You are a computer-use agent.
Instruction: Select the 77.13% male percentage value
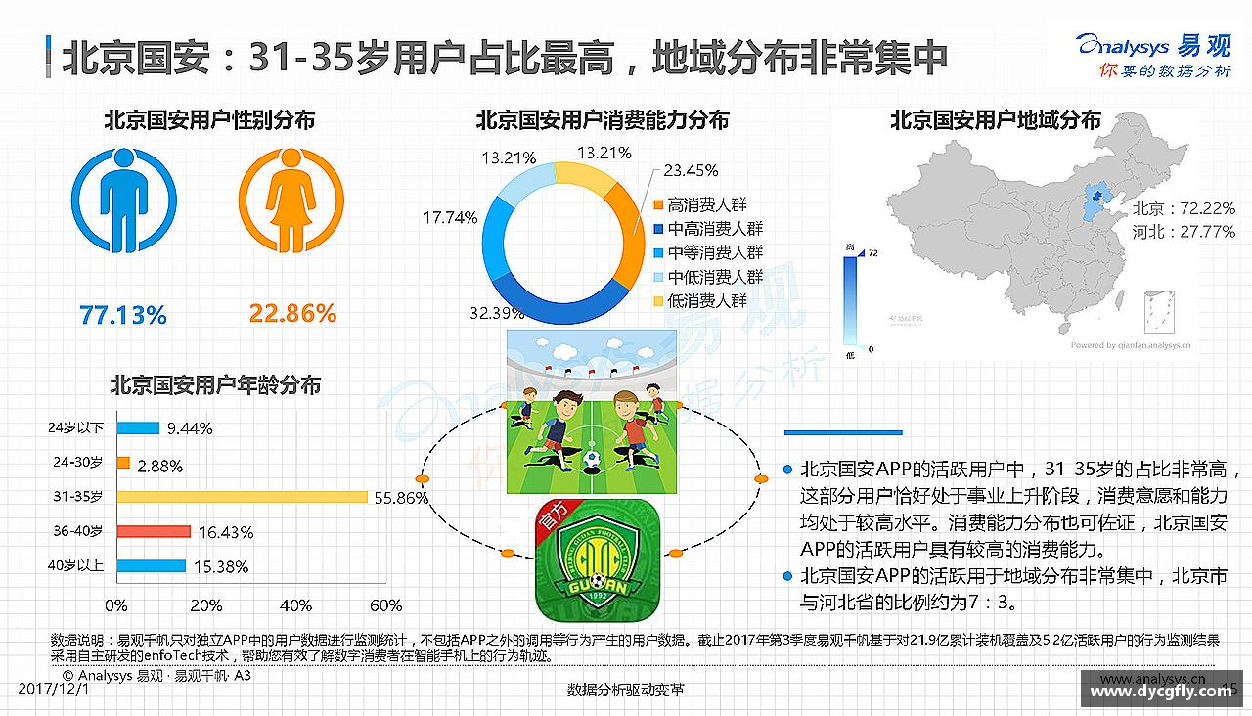coord(123,315)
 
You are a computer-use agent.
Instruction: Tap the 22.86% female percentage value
coord(292,313)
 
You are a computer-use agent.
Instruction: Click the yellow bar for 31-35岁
coord(242,497)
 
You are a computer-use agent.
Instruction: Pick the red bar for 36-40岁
coord(154,531)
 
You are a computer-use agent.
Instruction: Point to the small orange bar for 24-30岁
coord(123,463)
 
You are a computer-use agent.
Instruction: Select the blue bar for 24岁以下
coord(138,427)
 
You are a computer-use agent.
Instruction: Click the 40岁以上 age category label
coord(75,565)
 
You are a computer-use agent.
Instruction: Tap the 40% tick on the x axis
coord(297,605)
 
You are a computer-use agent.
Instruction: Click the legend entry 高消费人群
coord(706,204)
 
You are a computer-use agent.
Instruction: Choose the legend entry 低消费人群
coord(706,301)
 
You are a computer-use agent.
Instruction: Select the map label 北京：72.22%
coord(1184,209)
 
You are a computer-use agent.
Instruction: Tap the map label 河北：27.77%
coord(1184,232)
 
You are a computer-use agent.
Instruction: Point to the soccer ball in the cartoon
coord(592,459)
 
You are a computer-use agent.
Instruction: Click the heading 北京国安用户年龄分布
coord(215,385)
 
